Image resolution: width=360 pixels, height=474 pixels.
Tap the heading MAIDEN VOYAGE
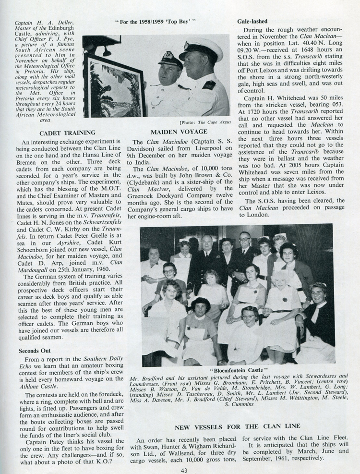(179, 132)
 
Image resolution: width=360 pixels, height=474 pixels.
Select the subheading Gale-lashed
(252, 22)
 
